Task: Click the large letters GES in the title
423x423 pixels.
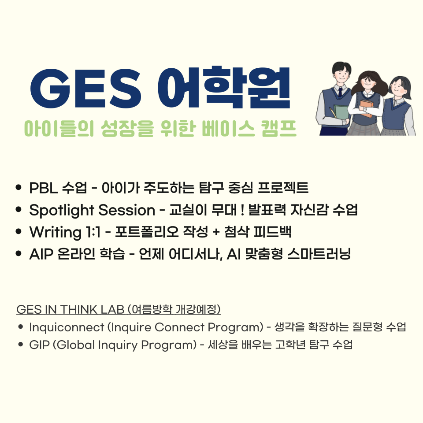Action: point(86,89)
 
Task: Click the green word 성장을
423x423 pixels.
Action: point(127,128)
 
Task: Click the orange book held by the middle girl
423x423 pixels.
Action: point(367,108)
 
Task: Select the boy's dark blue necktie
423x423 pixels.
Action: point(340,92)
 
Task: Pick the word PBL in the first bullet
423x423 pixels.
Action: point(43,188)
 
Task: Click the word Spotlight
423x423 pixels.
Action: point(62,210)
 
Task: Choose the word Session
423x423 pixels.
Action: point(127,210)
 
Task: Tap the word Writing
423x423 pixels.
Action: point(56,232)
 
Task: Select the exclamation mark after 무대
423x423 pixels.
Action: point(242,210)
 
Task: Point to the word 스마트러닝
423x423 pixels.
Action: point(319,254)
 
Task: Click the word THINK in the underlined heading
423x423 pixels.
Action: point(78,309)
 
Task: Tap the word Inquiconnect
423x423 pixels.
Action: point(67,327)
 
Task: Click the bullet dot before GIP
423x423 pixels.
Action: point(21,345)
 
